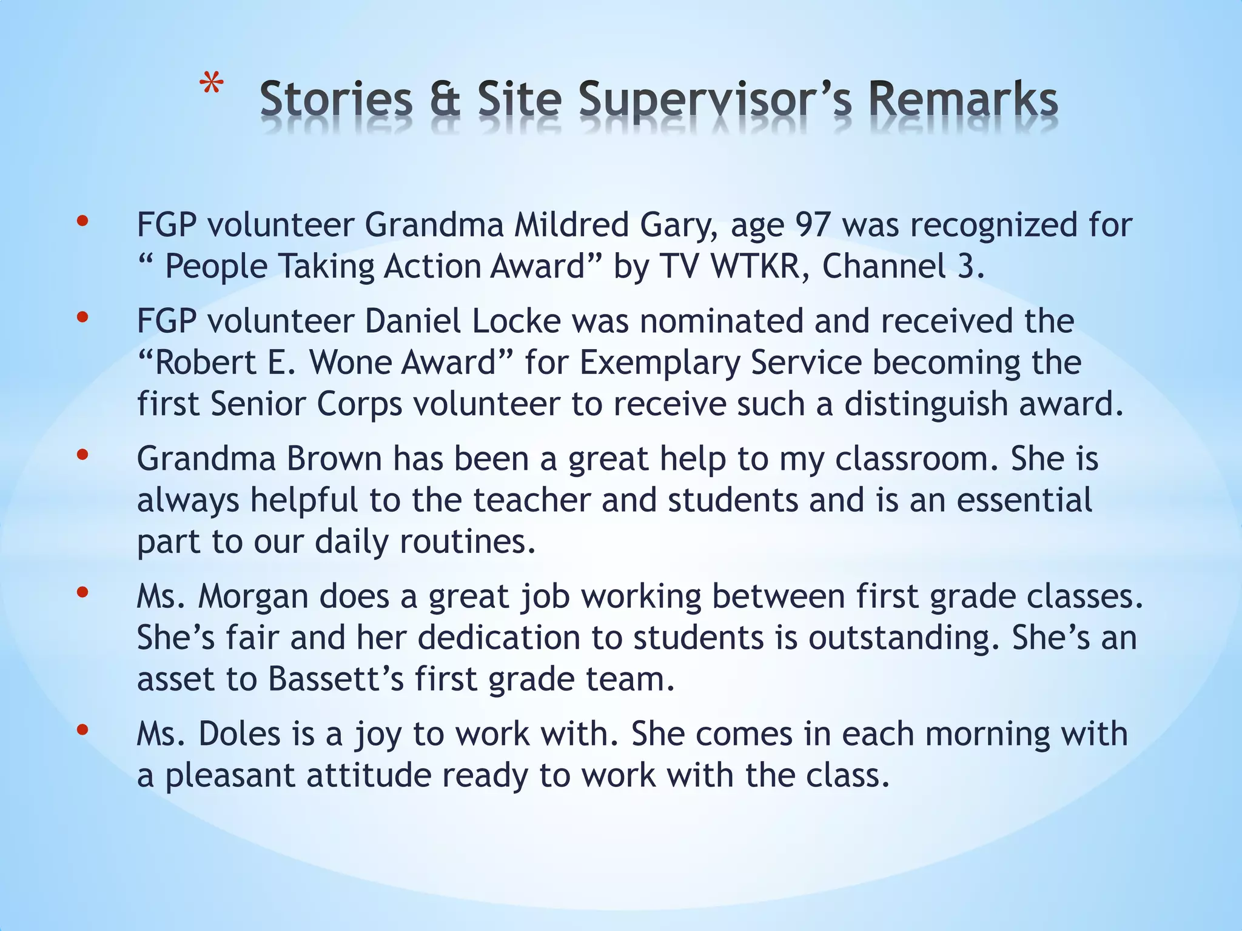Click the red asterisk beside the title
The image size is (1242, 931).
tap(212, 85)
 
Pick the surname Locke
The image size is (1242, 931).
tap(516, 321)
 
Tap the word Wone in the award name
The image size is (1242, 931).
tap(349, 362)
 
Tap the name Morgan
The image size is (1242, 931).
tap(253, 596)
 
